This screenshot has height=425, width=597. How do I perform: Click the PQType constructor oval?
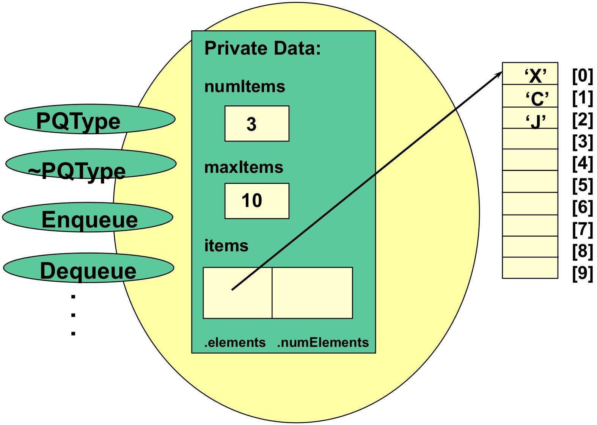(x=90, y=119)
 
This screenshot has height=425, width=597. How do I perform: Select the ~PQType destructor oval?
(x=91, y=164)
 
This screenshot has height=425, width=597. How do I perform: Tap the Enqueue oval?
(x=88, y=217)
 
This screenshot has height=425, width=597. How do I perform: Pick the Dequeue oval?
(x=88, y=268)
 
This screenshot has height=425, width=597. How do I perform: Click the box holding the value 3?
(x=257, y=124)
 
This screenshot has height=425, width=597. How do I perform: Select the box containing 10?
(x=257, y=201)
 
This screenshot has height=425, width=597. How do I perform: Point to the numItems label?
(x=245, y=86)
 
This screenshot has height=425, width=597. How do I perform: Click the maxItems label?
(x=244, y=167)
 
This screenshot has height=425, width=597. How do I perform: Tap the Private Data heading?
(x=262, y=49)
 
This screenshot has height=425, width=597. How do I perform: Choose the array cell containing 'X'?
(x=530, y=74)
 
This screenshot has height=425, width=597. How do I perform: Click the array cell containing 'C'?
(x=530, y=96)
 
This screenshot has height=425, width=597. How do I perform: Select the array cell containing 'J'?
(x=530, y=118)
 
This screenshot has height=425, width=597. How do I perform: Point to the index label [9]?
(x=582, y=273)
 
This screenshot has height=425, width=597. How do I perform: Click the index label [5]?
(x=582, y=185)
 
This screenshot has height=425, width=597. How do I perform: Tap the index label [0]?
(x=582, y=75)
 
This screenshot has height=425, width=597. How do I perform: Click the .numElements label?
(x=323, y=342)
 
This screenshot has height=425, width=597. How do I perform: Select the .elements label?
(x=235, y=342)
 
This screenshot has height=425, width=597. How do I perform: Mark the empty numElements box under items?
(x=312, y=293)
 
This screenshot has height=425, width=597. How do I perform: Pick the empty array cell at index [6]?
(x=530, y=204)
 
